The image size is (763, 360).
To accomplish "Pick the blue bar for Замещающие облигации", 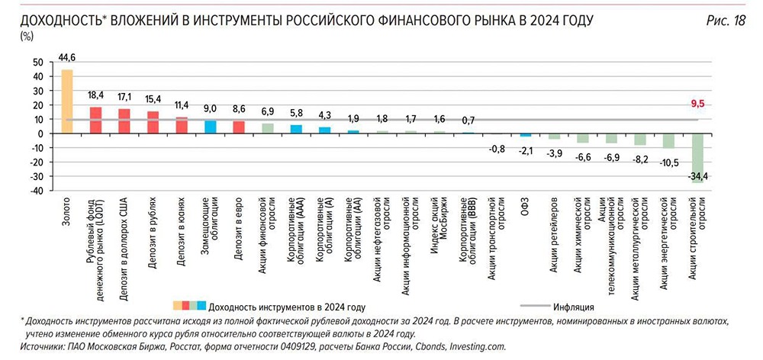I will coord(211,127).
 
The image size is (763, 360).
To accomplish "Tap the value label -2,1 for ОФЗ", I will coord(526,150).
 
